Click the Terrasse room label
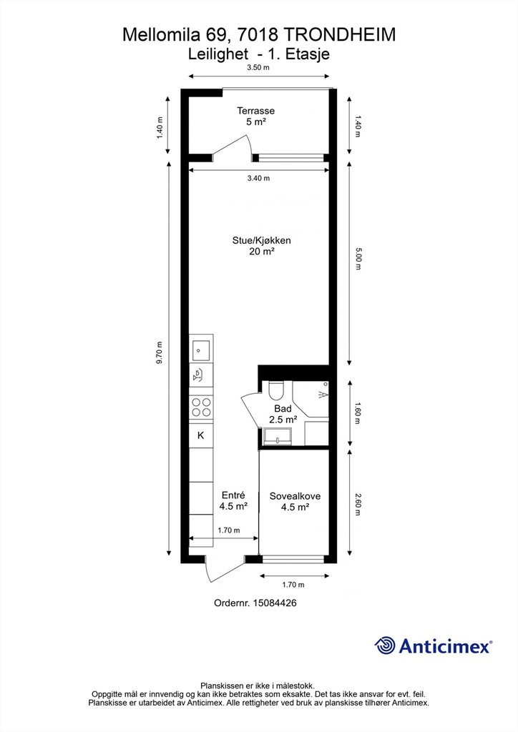[x=255, y=111]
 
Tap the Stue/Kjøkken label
[x=262, y=240]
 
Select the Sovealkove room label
[x=295, y=496]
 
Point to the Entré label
[x=233, y=495]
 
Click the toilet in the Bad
[x=276, y=390]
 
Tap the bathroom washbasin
[x=278, y=437]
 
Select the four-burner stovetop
[x=201, y=407]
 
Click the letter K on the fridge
[x=201, y=435]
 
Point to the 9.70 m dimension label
[x=160, y=353]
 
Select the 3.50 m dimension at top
[x=258, y=67]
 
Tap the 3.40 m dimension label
[x=258, y=178]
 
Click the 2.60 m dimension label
[x=358, y=505]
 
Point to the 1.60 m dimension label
[x=358, y=412]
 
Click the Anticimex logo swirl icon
[x=385, y=646]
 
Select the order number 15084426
[x=275, y=603]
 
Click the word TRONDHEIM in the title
[x=340, y=34]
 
